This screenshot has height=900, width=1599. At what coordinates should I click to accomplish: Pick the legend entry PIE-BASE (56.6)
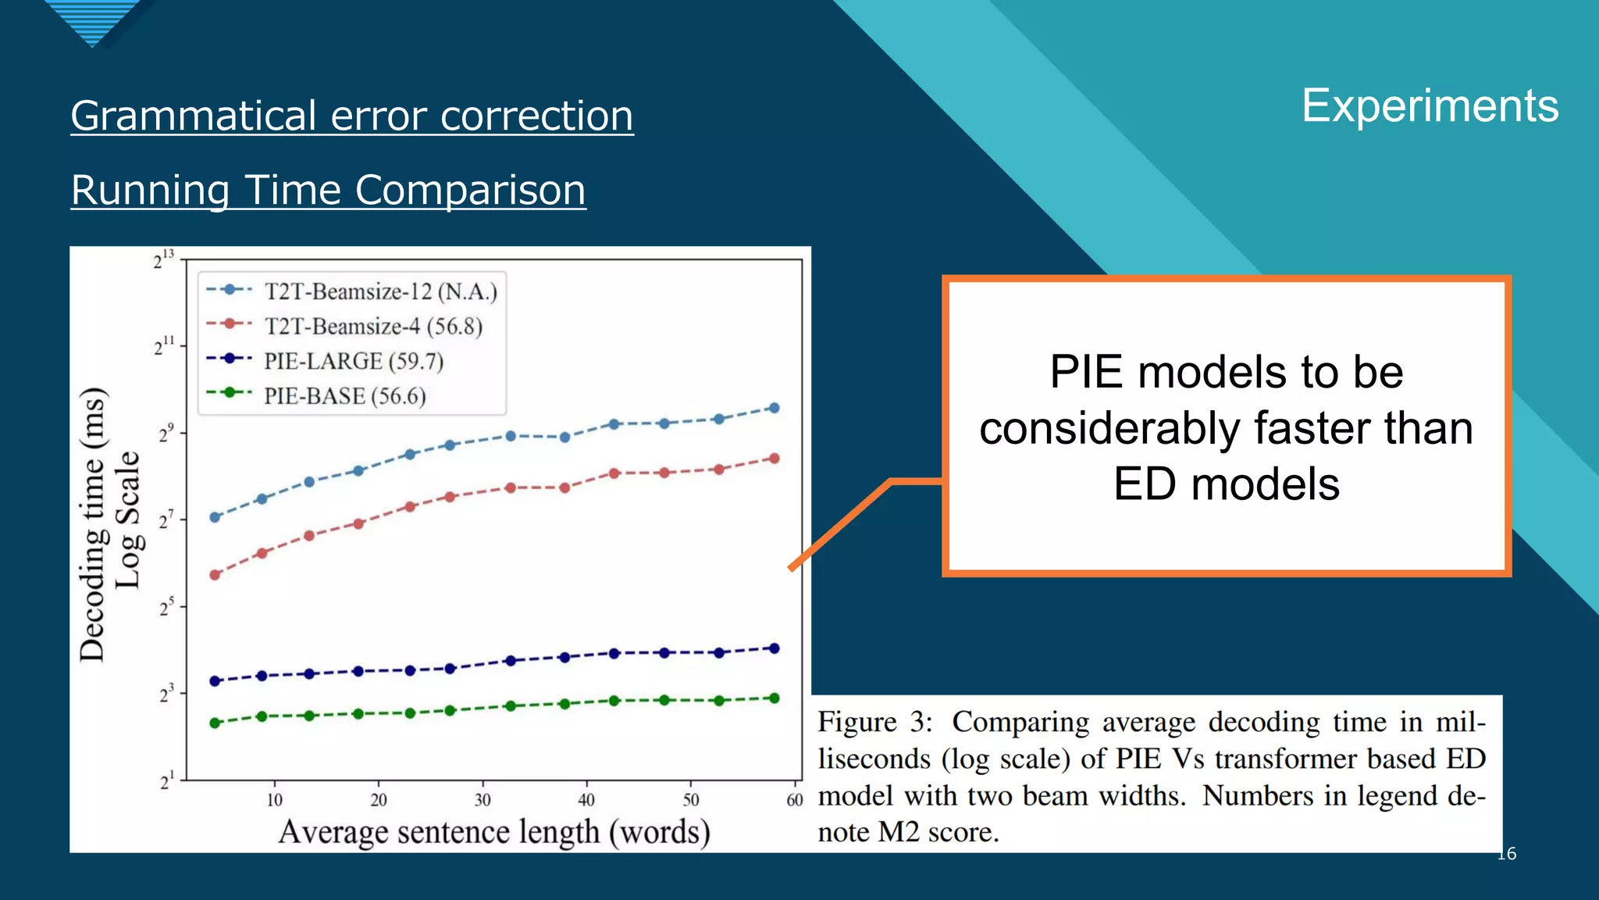click(344, 396)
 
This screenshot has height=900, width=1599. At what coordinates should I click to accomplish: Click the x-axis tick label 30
click(483, 800)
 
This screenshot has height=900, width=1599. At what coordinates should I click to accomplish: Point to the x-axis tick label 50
click(691, 800)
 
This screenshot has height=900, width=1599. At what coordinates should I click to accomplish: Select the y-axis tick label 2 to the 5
click(166, 607)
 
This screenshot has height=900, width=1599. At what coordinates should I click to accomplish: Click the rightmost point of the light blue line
click(775, 408)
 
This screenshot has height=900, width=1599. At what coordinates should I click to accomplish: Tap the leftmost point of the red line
click(215, 575)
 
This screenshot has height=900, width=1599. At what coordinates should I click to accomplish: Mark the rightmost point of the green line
click(775, 698)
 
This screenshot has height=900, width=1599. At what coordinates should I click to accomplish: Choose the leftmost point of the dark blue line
click(215, 681)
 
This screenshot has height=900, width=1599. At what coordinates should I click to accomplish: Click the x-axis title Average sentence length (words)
click(494, 832)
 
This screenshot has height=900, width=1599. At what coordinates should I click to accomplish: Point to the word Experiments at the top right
click(1430, 106)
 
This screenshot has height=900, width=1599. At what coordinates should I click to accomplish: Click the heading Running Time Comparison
click(328, 190)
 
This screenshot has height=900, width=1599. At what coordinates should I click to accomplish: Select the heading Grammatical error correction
click(351, 116)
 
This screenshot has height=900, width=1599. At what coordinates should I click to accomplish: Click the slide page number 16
click(1506, 854)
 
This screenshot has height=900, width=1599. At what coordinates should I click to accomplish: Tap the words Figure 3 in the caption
click(874, 722)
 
